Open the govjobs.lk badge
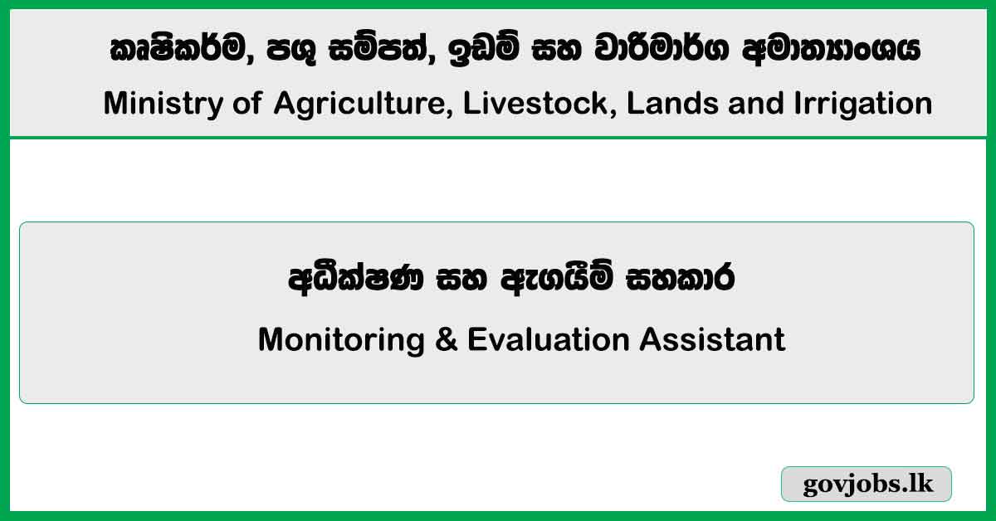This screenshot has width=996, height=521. click(x=867, y=484)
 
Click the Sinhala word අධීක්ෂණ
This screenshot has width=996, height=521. click(x=358, y=280)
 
